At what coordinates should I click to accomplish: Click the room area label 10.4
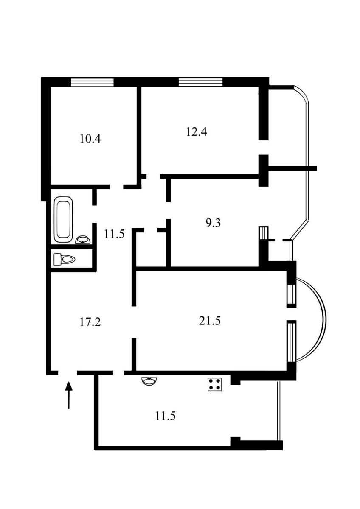coord(90,139)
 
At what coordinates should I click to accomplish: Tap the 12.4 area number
coord(197,132)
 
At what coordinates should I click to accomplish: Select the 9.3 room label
coord(213,223)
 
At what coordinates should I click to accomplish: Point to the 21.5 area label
coord(210,321)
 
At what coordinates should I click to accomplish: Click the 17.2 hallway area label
coord(90,322)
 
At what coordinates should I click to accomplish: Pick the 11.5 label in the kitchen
coord(165,416)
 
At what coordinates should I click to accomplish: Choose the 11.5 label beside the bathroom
coord(114,234)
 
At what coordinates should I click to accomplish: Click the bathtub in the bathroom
coord(64,219)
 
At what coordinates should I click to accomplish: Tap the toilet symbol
coord(65,259)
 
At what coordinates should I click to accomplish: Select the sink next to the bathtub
coord(83,240)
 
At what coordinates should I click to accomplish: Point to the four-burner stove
coord(215,384)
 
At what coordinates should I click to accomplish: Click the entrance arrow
coord(69,395)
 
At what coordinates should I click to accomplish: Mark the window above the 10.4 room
coord(92,82)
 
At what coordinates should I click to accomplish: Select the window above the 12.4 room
coord(200,82)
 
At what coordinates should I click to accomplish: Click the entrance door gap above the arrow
coord(68,373)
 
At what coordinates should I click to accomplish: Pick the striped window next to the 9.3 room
coord(264,233)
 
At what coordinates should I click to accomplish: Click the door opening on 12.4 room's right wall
coord(264,147)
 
